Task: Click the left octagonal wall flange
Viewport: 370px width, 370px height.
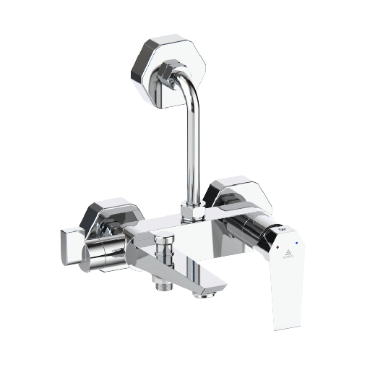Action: click(108, 217)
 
